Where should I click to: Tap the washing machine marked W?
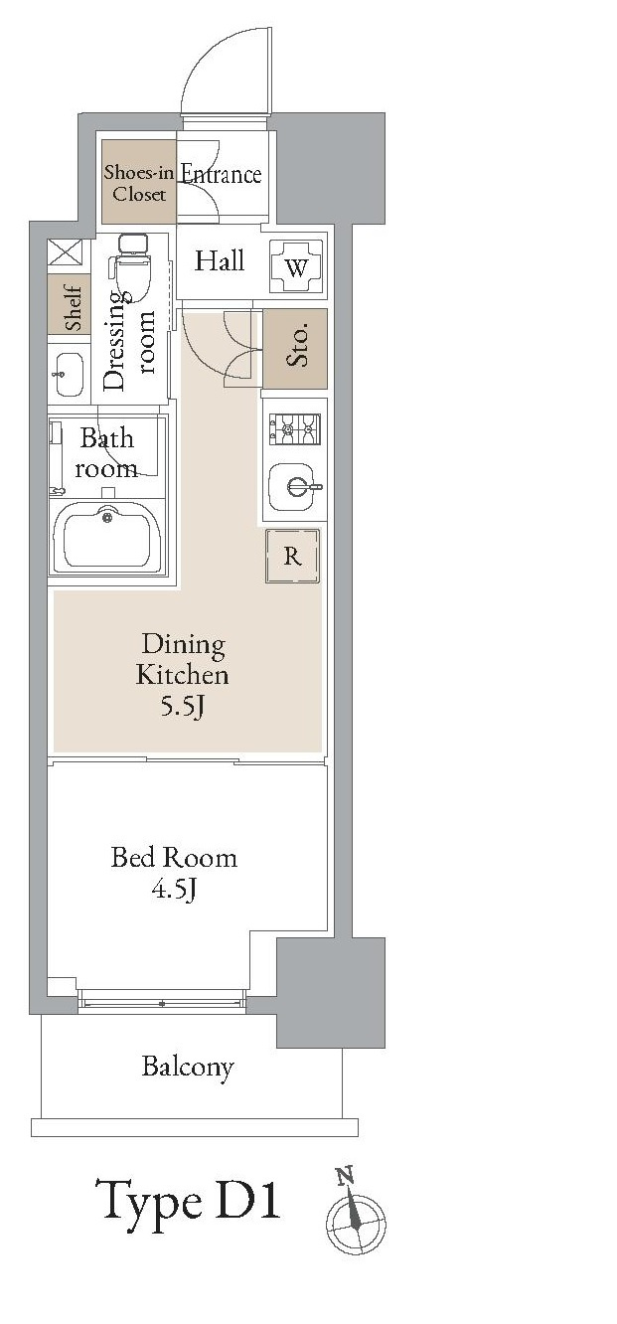(297, 266)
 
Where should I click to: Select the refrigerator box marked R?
(292, 556)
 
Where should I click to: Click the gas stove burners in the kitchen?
(294, 429)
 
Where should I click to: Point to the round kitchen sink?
(292, 487)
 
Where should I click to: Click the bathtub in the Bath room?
(107, 538)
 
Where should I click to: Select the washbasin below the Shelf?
(69, 374)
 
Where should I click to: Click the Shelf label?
(73, 307)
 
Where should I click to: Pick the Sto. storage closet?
(295, 349)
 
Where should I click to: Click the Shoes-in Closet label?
(139, 183)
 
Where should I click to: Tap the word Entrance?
(221, 174)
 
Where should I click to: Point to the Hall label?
(220, 260)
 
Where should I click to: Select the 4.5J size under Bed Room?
(174, 889)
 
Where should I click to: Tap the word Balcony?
(188, 1067)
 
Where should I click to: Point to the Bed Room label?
(174, 857)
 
